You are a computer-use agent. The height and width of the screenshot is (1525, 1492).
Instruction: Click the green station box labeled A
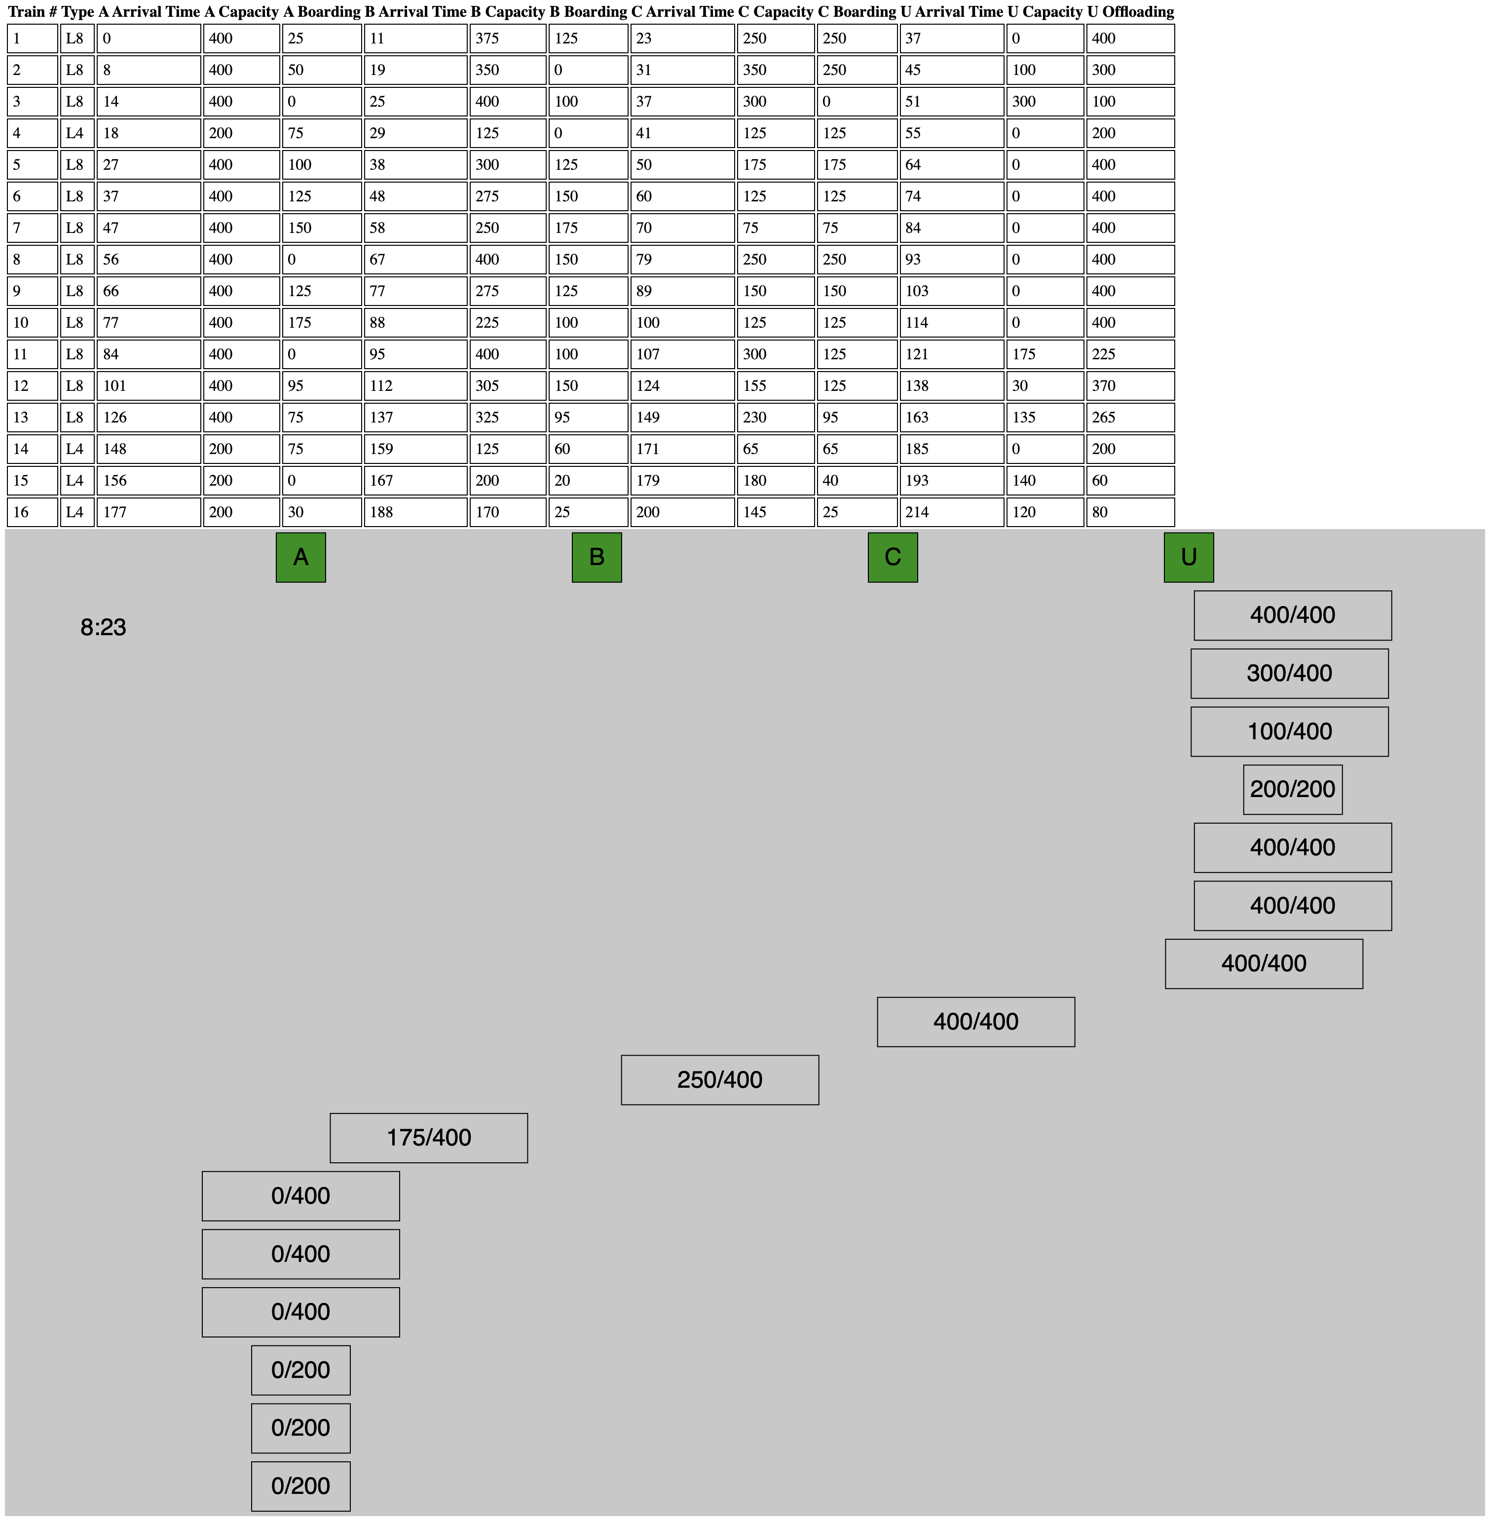pyautogui.click(x=301, y=557)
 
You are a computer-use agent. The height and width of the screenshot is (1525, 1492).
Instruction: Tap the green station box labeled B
pyautogui.click(x=597, y=557)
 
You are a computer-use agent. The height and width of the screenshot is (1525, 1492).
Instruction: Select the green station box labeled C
pyautogui.click(x=893, y=557)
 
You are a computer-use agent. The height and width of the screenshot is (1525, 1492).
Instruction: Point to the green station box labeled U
pyautogui.click(x=1189, y=557)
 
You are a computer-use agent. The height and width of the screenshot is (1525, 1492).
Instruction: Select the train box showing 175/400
pyautogui.click(x=429, y=1138)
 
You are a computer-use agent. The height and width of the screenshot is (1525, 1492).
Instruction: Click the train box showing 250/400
pyautogui.click(x=720, y=1080)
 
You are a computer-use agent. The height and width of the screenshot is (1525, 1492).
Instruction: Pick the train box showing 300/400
pyautogui.click(x=1290, y=673)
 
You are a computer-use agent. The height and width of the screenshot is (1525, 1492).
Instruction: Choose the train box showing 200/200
pyautogui.click(x=1293, y=789)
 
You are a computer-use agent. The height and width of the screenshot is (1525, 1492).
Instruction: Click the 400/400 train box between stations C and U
pyautogui.click(x=976, y=1022)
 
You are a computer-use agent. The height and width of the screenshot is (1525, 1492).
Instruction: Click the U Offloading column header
pyautogui.click(x=1131, y=12)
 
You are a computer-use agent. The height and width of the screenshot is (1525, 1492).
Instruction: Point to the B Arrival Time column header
pyautogui.click(x=415, y=12)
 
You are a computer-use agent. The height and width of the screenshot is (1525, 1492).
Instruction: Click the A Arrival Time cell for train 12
pyautogui.click(x=149, y=385)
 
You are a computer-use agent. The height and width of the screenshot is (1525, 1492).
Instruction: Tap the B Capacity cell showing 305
pyautogui.click(x=508, y=385)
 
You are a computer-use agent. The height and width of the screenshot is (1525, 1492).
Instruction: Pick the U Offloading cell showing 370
pyautogui.click(x=1131, y=385)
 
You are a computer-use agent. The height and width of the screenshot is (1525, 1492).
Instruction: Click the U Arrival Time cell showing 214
pyautogui.click(x=952, y=512)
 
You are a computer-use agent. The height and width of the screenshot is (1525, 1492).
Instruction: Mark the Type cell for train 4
pyautogui.click(x=77, y=133)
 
